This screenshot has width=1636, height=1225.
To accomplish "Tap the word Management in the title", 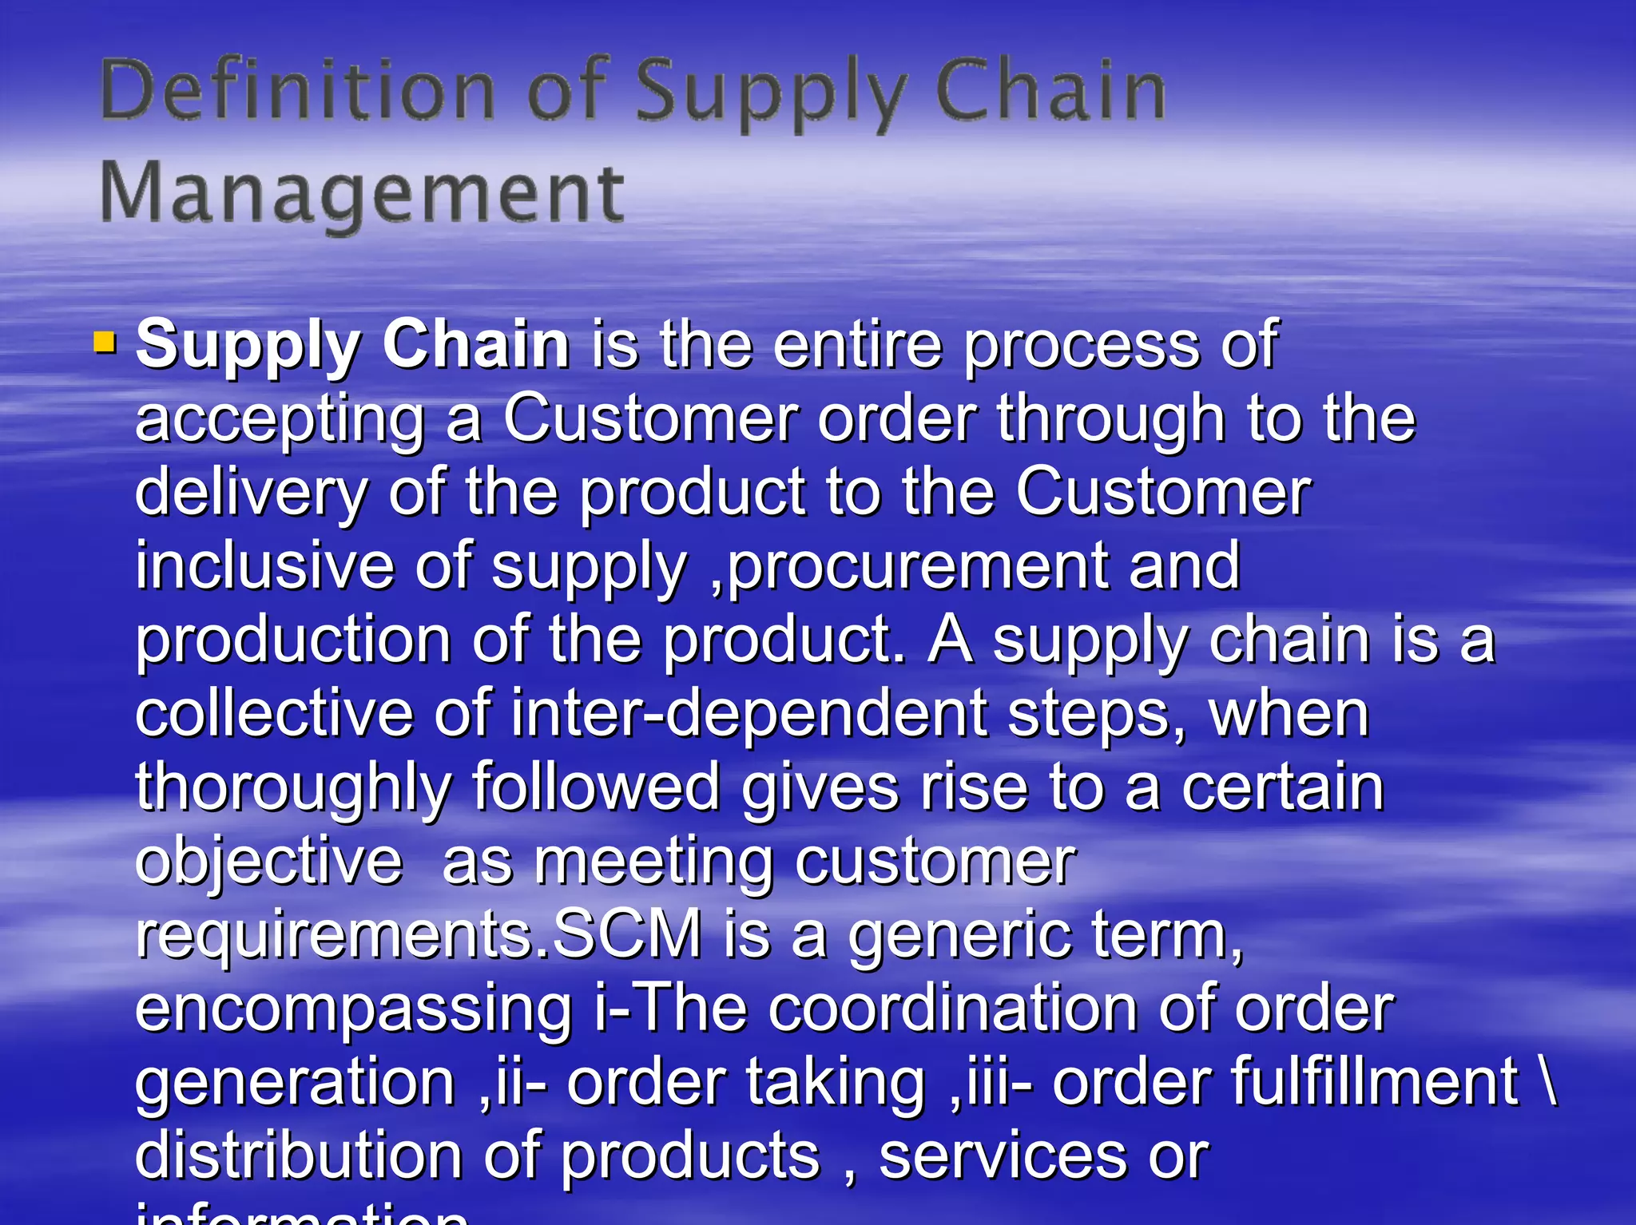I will click(361, 194).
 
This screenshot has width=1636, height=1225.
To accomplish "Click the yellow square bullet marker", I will click(105, 343).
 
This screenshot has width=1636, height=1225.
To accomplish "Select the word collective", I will click(274, 713).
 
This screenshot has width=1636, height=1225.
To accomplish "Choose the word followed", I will click(597, 787).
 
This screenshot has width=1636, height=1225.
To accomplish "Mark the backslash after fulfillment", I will click(1549, 1081).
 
